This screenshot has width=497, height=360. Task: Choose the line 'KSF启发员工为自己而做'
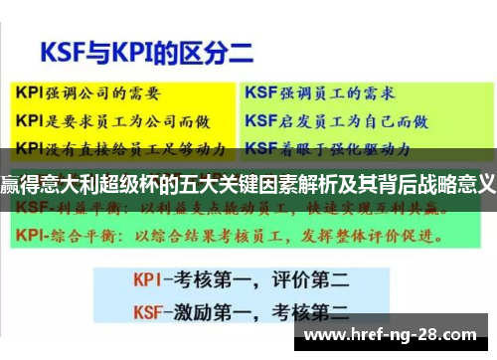(x=336, y=121)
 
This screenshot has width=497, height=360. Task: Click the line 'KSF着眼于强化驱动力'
(x=328, y=150)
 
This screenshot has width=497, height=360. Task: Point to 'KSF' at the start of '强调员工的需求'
(x=260, y=93)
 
